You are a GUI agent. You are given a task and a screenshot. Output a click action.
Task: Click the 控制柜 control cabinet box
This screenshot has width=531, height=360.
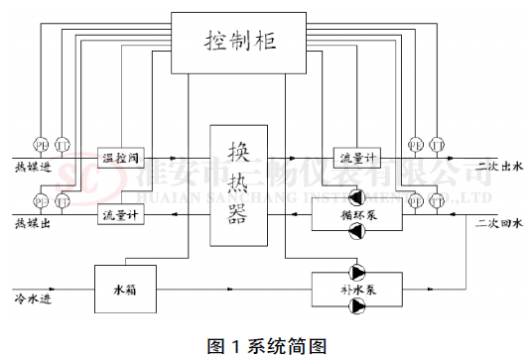[238, 43]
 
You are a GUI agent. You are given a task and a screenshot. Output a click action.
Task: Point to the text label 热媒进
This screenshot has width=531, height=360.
[31, 167]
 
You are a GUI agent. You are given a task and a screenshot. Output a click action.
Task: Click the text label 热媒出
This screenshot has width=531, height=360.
[31, 226]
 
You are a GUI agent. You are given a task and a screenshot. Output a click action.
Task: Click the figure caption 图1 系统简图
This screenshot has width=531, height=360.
[266, 345]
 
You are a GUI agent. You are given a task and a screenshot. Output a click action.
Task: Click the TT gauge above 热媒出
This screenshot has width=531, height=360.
[62, 200]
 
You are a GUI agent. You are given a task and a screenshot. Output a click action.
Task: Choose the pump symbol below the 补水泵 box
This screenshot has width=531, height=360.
[354, 308]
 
